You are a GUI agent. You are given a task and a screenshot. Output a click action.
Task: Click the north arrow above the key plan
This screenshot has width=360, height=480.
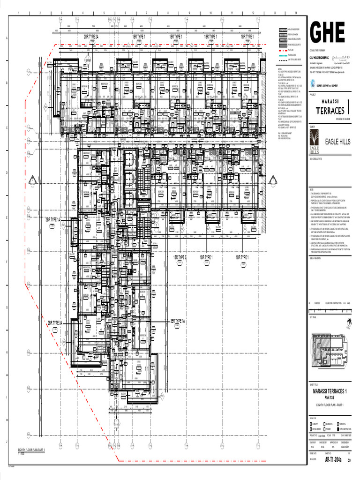pyautogui.click(x=348, y=324)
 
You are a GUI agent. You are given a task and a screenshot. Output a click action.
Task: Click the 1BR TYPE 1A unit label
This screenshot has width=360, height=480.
pyautogui.click(x=178, y=321)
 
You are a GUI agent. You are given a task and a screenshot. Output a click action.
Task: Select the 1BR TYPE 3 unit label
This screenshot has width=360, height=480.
pyautogui.click(x=180, y=258)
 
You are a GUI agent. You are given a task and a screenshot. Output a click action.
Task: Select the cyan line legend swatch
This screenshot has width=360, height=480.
pyautogui.click(x=283, y=55)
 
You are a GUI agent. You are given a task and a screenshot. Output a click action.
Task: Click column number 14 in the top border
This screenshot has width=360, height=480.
pyautogui.click(x=296, y=13)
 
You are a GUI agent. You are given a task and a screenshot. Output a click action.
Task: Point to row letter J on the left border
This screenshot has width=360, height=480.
pyautogui.click(x=6, y=442)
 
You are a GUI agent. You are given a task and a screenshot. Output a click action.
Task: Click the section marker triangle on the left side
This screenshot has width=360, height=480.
pyautogui.click(x=33, y=181)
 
